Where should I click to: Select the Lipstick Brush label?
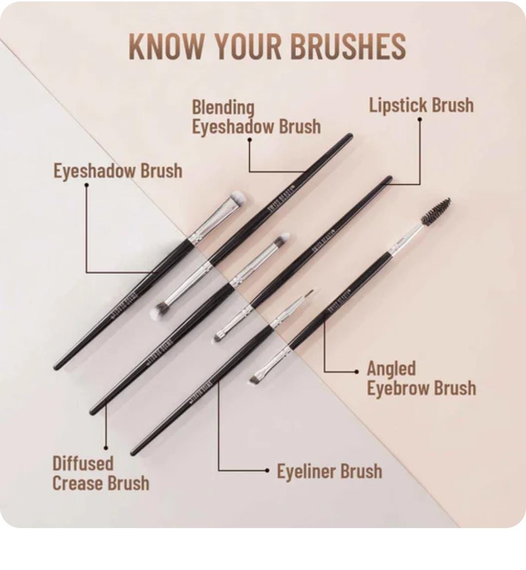(421, 105)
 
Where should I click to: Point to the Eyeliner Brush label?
(329, 472)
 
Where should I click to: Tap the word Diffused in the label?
(83, 463)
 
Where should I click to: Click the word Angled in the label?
(391, 369)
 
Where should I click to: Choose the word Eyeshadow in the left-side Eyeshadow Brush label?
(94, 171)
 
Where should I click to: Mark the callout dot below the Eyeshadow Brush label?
(86, 185)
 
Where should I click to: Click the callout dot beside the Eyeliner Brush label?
(267, 471)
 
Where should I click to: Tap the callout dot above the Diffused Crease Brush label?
(106, 447)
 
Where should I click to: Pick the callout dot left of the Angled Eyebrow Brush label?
(357, 372)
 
